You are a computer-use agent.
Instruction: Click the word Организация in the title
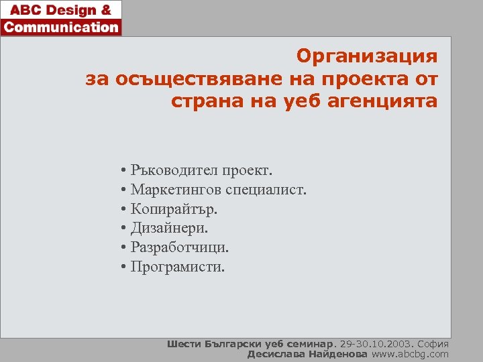367,56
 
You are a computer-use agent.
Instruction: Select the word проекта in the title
356,79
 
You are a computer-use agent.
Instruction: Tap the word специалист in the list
266,190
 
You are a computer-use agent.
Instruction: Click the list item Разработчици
179,248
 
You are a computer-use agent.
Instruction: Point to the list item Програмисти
178,267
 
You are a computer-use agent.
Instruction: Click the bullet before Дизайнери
125,229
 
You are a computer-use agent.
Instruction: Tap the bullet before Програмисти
125,268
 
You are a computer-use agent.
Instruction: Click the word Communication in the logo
61,27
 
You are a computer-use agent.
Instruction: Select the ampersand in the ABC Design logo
105,10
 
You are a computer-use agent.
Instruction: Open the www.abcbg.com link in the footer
410,354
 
